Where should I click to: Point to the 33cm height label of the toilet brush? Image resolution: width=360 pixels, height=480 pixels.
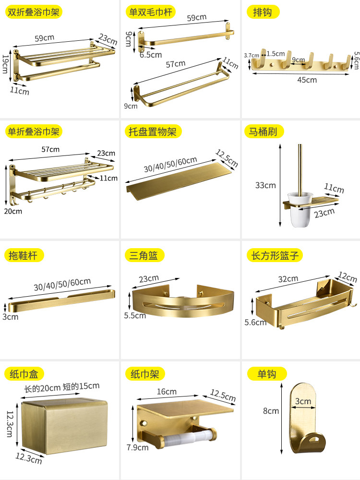click(x=265, y=185)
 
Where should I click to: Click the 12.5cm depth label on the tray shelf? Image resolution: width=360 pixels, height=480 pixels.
click(x=227, y=158)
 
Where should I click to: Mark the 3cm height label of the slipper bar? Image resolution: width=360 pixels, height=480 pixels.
click(x=10, y=317)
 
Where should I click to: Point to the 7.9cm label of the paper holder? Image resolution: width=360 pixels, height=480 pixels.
click(x=138, y=448)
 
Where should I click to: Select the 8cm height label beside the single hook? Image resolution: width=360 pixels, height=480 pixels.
click(x=270, y=410)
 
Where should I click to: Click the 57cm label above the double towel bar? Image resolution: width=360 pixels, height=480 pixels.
click(x=175, y=64)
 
